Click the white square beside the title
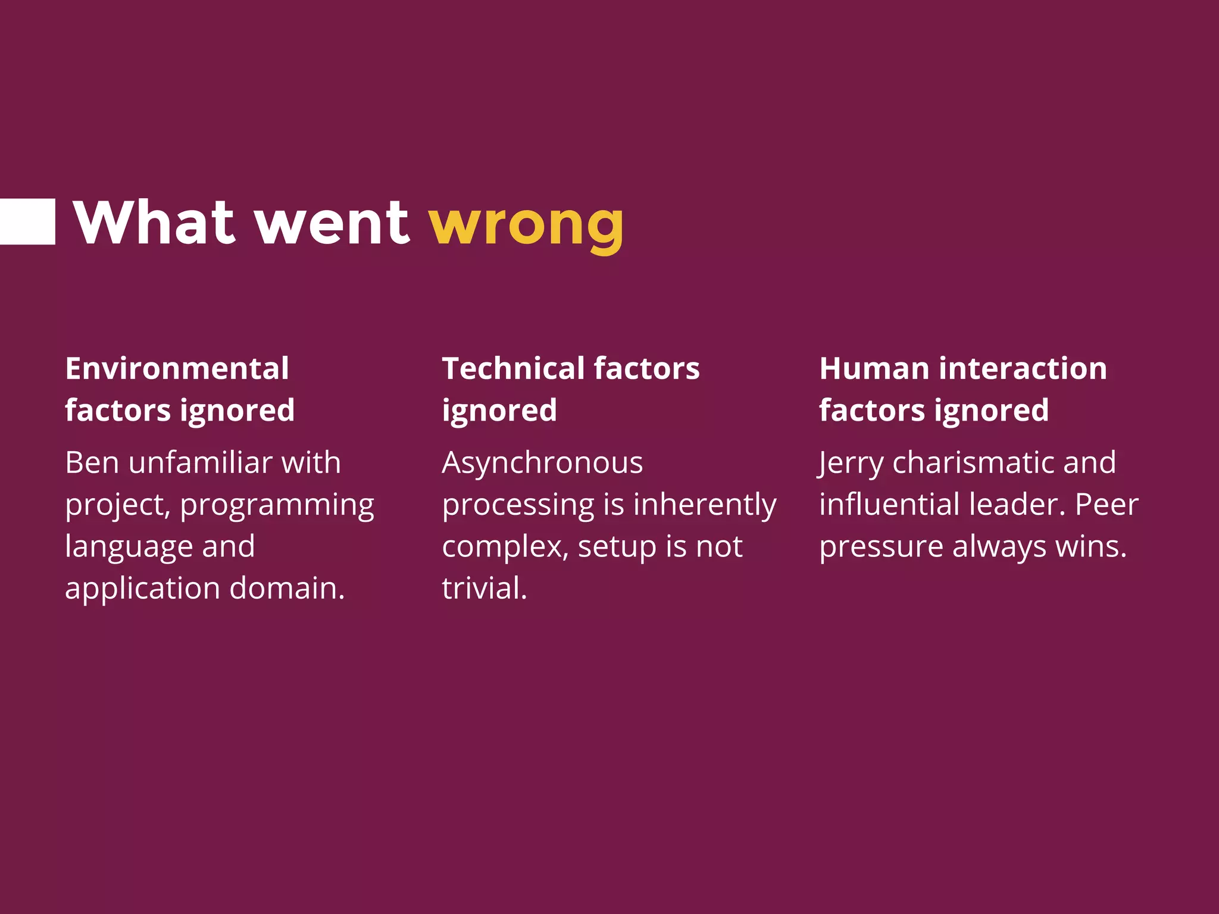[x=27, y=221]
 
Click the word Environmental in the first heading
[x=177, y=368]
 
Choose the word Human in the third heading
[x=874, y=368]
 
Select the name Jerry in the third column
[x=851, y=464]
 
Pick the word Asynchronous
[x=542, y=462]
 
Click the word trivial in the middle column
[x=484, y=588]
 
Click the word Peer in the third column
[x=1106, y=504]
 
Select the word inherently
[x=705, y=505]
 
